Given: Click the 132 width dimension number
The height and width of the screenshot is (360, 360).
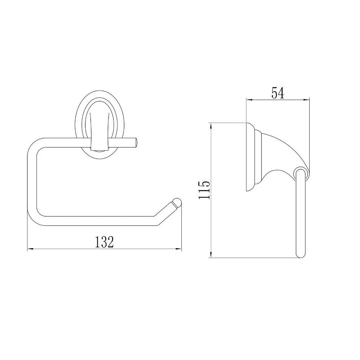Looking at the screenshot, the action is tap(104, 242).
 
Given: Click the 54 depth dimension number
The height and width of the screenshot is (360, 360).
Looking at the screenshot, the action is tap(278, 93).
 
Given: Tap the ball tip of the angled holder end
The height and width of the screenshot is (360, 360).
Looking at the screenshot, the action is tap(177, 203).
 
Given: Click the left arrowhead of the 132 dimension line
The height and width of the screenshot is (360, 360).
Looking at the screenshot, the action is tap(30, 249).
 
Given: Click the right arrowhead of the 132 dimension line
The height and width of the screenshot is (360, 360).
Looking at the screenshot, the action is tap(179, 249).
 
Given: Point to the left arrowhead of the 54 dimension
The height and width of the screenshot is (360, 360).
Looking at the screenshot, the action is tap(249, 100).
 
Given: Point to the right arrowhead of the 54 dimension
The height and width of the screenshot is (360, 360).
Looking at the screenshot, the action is tap(306, 100).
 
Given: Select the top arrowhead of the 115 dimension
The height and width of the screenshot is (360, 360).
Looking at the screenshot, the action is tap(211, 126).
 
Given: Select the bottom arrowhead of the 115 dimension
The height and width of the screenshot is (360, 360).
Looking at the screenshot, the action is tap(211, 255).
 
